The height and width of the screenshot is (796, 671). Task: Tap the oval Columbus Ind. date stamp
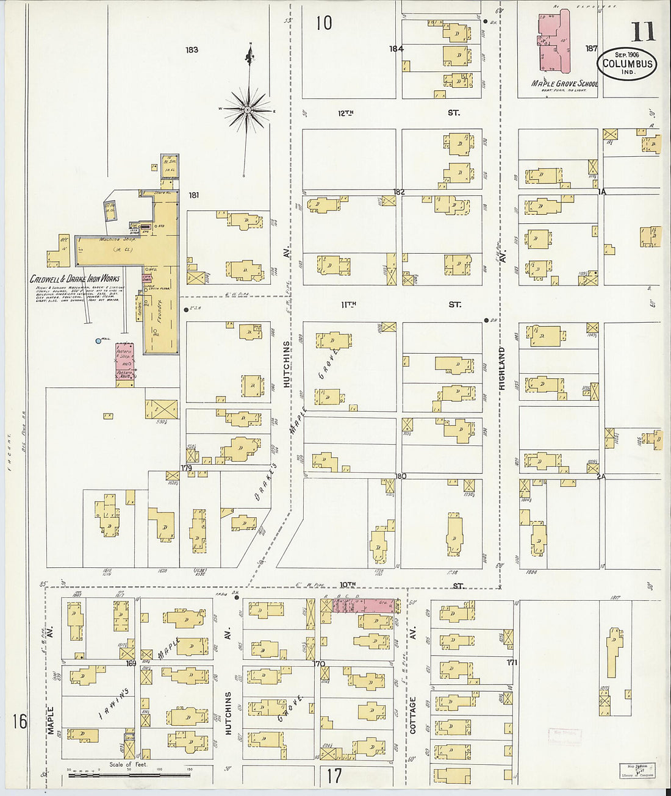point(627,63)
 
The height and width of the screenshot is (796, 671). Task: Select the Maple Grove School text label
point(564,84)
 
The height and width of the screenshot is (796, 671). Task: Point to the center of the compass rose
point(248,110)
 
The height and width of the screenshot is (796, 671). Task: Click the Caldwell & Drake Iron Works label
point(75,279)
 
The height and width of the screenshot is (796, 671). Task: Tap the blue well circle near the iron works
point(98,341)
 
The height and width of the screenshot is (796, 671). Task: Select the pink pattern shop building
point(125,364)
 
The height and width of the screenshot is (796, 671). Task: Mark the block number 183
point(192,49)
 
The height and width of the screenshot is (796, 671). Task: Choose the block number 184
point(396,49)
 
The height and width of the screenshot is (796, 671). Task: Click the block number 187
point(591,48)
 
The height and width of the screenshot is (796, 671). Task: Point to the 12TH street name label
point(346,113)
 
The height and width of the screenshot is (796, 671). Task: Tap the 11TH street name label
point(348,304)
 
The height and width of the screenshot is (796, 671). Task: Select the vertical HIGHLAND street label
point(502,368)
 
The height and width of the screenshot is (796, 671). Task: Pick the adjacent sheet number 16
point(20,722)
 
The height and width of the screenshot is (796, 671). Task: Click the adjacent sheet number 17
point(334,776)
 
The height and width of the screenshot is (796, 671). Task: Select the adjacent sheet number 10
point(324,23)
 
